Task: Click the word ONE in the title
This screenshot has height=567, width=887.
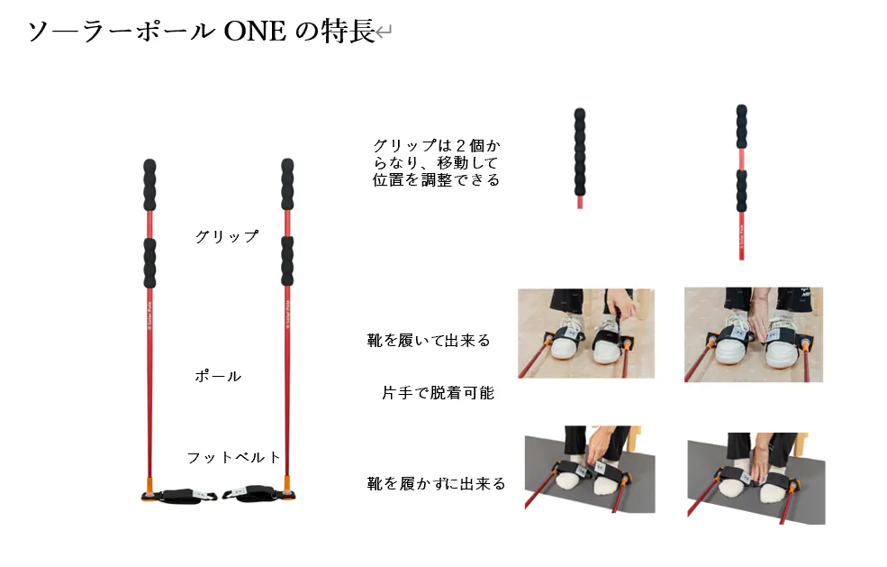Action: pyautogui.click(x=255, y=32)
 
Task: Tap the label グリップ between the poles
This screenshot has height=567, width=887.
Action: pyautogui.click(x=227, y=236)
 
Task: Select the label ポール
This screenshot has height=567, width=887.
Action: pyautogui.click(x=218, y=376)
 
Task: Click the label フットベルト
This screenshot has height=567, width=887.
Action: pyautogui.click(x=233, y=457)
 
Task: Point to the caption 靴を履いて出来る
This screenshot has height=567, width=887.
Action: pyautogui.click(x=429, y=341)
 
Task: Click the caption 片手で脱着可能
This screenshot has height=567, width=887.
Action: pyautogui.click(x=438, y=392)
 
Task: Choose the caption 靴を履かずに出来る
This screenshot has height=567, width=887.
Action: pyautogui.click(x=436, y=484)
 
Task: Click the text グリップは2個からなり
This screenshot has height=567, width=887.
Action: pyautogui.click(x=436, y=154)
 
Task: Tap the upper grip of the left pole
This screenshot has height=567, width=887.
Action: pyautogui.click(x=149, y=185)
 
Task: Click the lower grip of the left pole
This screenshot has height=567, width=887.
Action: pyautogui.click(x=149, y=263)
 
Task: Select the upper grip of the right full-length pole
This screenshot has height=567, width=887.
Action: pyautogui.click(x=287, y=184)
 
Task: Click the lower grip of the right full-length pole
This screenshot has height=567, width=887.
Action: pyautogui.click(x=287, y=261)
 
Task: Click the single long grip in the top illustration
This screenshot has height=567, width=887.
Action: pyautogui.click(x=580, y=152)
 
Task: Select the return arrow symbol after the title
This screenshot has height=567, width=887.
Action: pyautogui.click(x=384, y=32)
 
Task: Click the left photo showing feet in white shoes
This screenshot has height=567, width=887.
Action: pyautogui.click(x=586, y=333)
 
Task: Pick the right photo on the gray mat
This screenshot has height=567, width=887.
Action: pyautogui.click(x=756, y=479)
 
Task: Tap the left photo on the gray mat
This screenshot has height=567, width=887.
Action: pyautogui.click(x=590, y=470)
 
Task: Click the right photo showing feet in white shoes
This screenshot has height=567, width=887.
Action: pyautogui.click(x=754, y=334)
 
